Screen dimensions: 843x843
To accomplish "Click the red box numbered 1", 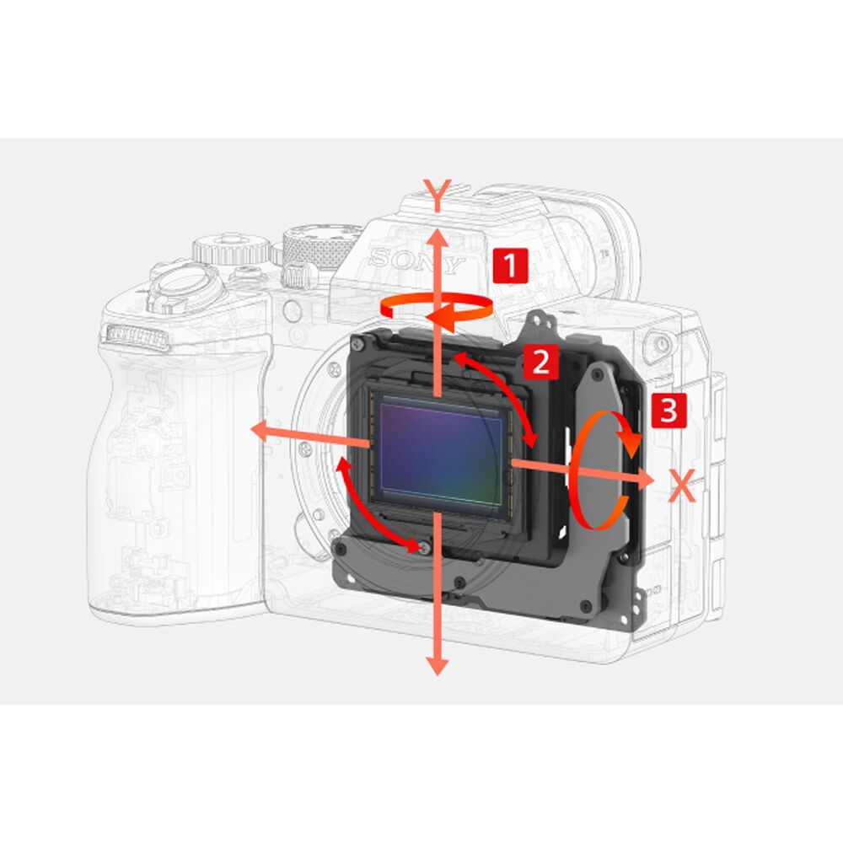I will (509, 266).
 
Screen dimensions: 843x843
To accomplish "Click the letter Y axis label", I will (438, 196).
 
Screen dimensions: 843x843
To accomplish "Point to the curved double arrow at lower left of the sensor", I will (375, 506).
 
